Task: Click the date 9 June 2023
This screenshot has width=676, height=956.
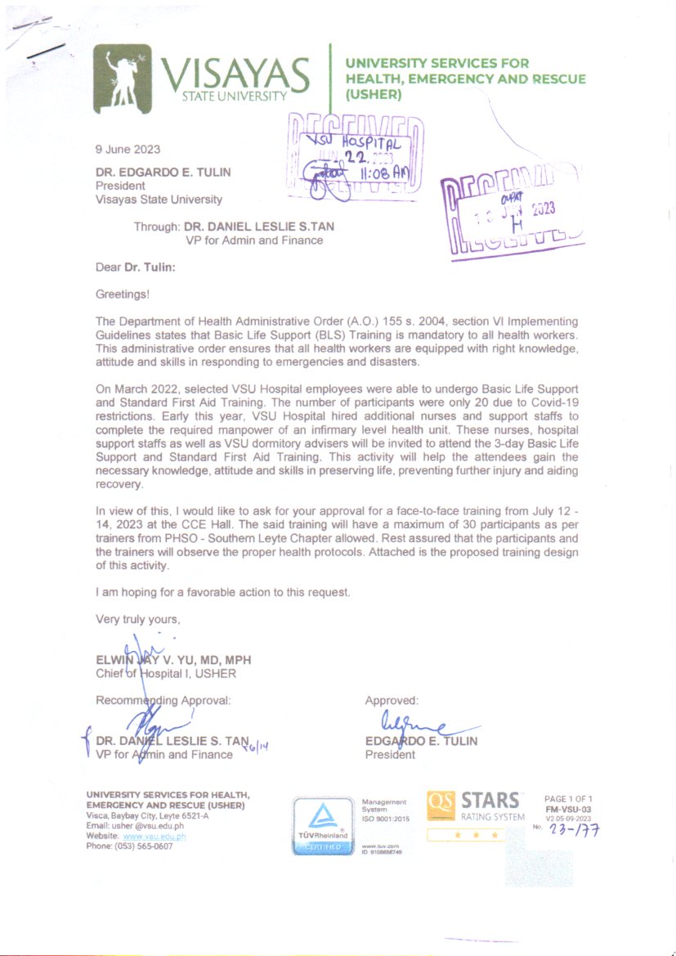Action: [128, 149]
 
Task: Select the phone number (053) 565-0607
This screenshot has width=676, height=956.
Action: [129, 846]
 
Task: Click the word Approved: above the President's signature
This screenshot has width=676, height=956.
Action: [392, 701]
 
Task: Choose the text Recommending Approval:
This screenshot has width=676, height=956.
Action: [163, 700]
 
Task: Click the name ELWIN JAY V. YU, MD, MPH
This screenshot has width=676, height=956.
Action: [173, 660]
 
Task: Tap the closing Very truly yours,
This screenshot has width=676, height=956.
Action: [137, 619]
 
